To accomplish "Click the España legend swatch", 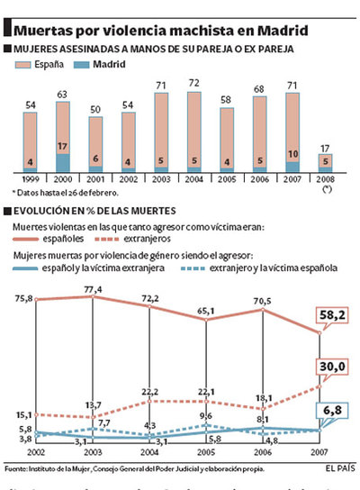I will (25, 66).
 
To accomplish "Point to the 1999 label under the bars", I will (31, 180).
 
